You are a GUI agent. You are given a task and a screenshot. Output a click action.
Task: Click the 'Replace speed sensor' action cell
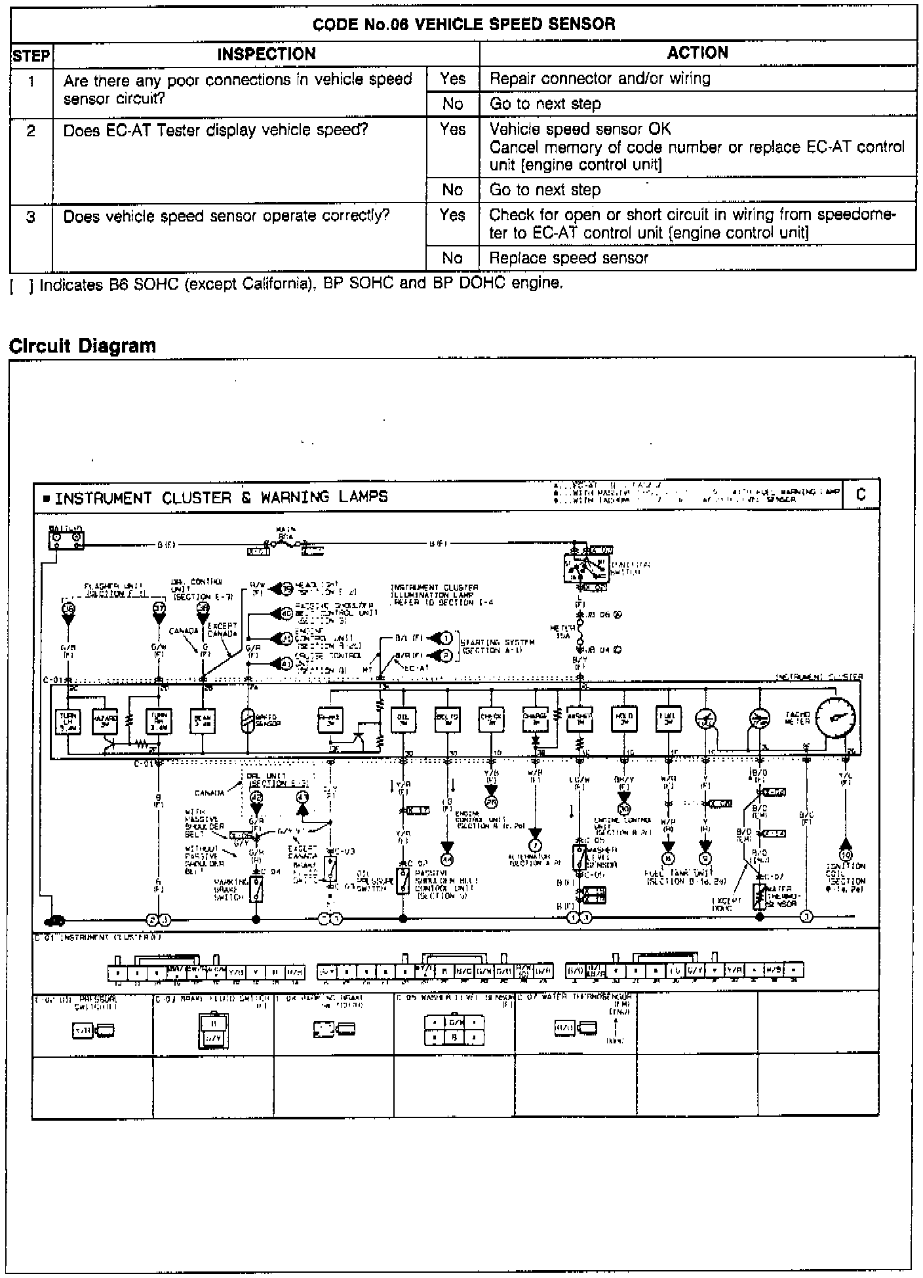coord(568,258)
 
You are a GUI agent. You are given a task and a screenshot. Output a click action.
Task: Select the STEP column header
coord(31,55)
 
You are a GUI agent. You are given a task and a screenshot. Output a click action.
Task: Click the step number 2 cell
coord(31,130)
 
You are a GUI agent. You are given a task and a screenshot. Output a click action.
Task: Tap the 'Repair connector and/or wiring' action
coord(600,79)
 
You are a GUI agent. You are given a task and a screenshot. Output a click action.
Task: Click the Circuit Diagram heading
coord(83,346)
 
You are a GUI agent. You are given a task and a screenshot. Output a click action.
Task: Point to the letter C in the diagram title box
coord(861,495)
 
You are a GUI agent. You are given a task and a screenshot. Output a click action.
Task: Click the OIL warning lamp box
coord(402,720)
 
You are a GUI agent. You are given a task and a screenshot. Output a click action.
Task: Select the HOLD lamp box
coord(623,719)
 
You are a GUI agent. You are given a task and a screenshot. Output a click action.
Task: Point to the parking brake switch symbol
coord(256,890)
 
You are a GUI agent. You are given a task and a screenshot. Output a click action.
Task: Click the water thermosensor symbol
coord(760,894)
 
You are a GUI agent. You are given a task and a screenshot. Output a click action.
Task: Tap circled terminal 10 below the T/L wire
coord(846,855)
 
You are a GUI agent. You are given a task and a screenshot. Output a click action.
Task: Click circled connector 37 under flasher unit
coord(159,608)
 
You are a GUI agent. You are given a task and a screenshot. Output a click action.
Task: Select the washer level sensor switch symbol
coord(579,857)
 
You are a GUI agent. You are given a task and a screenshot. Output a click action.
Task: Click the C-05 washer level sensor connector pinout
coord(454,1030)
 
